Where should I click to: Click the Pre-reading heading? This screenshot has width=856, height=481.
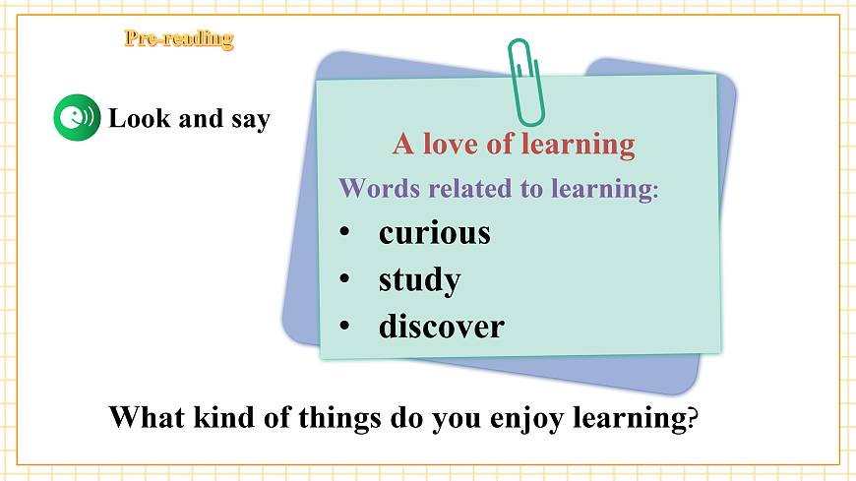pyautogui.click(x=178, y=39)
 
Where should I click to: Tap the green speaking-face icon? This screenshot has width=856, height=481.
pyautogui.click(x=76, y=118)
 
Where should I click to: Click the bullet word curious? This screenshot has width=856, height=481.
pyautogui.click(x=434, y=233)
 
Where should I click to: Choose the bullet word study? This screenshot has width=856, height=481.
pyautogui.click(x=419, y=280)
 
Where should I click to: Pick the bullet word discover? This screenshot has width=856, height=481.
pyautogui.click(x=441, y=326)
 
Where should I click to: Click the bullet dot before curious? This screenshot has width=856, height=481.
pyautogui.click(x=344, y=233)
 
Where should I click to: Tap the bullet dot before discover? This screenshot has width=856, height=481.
pyautogui.click(x=344, y=326)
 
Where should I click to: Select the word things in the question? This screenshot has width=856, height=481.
pyautogui.click(x=335, y=417)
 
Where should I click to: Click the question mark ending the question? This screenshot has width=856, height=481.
pyautogui.click(x=692, y=417)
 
